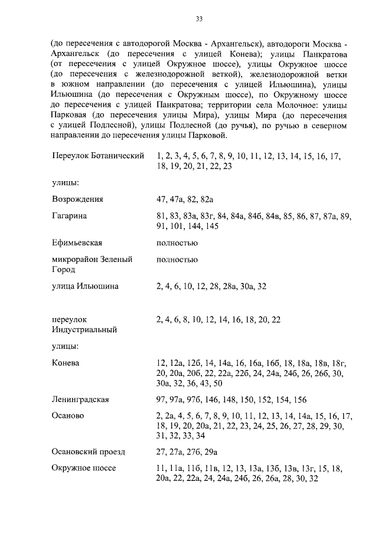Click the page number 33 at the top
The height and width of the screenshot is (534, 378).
coord(199,19)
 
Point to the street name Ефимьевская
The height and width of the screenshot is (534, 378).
coord(77,243)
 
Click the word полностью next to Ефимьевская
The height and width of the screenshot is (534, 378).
coord(177,243)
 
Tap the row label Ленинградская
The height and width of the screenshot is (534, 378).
coord(80,399)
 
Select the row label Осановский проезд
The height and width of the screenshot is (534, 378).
coord(89,452)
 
